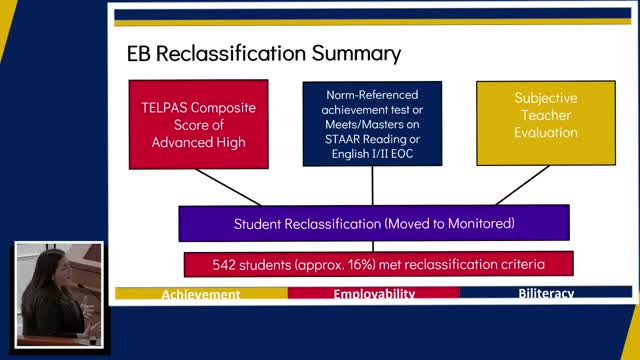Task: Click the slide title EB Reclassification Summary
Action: [x=263, y=52]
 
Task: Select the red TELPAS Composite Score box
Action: [x=198, y=122]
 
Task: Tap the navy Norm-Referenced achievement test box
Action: [x=372, y=122]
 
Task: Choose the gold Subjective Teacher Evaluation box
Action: [x=546, y=122]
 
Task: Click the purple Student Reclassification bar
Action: [x=373, y=223]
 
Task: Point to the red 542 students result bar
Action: [x=378, y=264]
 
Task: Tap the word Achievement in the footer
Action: [x=201, y=294]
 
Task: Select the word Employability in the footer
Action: [x=374, y=294]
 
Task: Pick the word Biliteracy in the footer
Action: [x=546, y=294]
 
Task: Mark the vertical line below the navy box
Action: [x=372, y=185]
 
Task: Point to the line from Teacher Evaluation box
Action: [x=522, y=185]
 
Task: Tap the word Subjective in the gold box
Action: [x=546, y=98]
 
